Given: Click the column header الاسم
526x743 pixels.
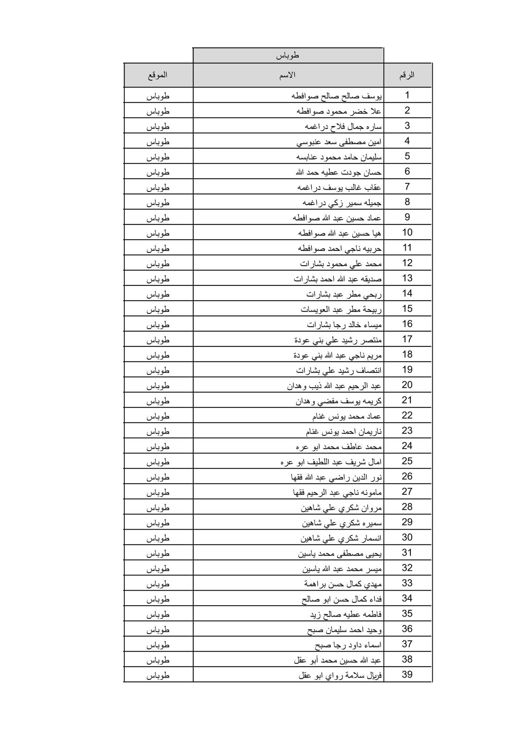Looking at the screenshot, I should point(287,75).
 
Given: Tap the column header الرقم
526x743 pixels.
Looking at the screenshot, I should point(407,75).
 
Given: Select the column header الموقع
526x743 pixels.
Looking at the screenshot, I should point(158,75).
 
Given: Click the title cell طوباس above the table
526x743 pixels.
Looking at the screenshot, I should point(288,56).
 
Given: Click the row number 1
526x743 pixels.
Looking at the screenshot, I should point(407,95).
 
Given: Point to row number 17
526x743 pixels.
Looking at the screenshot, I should point(407,339).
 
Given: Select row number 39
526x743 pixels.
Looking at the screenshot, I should point(407,674).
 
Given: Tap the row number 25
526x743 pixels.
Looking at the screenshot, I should point(407,461).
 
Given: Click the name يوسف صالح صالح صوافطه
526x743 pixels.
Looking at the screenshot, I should point(336,96).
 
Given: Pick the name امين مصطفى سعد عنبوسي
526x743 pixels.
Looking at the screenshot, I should point(339,141).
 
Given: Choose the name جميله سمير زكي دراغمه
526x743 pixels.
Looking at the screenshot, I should point(342,202).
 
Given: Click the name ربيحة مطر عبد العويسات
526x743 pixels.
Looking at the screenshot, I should point(341,309).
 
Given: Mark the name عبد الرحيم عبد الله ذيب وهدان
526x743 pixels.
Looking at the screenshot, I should point(334,385).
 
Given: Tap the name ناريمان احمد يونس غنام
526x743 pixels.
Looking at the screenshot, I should point(344,431).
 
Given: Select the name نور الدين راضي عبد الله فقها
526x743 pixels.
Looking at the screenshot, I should point(336,477).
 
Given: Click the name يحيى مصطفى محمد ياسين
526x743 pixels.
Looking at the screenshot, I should point(340,553).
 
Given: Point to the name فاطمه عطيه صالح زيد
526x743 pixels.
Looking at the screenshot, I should point(346,614).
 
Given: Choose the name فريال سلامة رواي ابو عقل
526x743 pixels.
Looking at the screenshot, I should point(340,675).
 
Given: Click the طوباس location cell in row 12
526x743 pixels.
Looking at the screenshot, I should point(158,263).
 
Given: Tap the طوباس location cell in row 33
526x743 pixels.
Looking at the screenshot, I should point(158,583).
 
